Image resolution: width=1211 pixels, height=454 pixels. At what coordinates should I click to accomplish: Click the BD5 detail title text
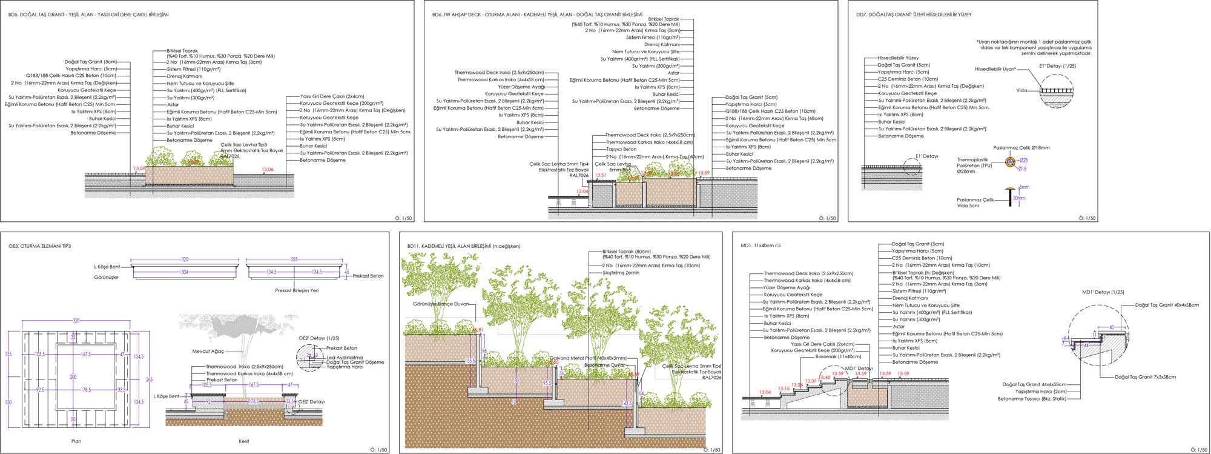click(88, 15)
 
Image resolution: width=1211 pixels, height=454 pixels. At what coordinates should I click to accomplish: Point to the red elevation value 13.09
click(139, 169)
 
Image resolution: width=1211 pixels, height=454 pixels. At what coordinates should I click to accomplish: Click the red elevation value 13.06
click(267, 170)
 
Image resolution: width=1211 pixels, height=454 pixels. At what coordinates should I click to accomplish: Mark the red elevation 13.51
click(600, 175)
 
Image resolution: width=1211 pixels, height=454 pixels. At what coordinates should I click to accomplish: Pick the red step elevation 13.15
click(784, 389)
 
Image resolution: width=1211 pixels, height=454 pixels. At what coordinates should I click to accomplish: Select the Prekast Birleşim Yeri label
click(297, 290)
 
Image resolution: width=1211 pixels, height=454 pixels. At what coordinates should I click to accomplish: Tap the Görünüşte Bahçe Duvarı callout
click(441, 304)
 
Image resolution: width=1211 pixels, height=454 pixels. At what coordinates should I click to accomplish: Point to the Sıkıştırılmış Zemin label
click(621, 273)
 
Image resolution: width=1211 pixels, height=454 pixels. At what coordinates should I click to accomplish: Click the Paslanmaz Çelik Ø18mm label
click(1021, 148)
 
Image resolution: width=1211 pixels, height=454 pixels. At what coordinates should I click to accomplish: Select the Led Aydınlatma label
click(345, 358)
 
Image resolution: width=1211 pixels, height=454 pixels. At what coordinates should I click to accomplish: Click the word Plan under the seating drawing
click(76, 441)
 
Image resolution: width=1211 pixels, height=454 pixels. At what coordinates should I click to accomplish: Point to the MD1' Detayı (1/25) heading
click(1103, 292)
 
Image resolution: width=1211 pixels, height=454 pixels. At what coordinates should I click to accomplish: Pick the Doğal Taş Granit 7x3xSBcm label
click(1145, 377)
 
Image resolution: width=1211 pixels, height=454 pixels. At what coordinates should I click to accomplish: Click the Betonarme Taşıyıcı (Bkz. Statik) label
click(1032, 399)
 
